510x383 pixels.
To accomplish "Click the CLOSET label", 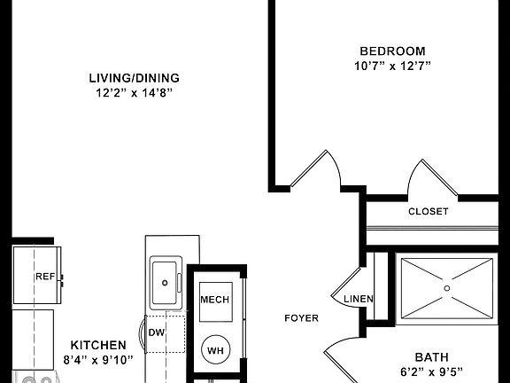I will (x=428, y=212).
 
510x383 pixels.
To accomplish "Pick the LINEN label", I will (x=359, y=299).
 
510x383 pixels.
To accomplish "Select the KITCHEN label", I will (x=98, y=344).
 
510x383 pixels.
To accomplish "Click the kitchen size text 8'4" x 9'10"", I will (x=98, y=359).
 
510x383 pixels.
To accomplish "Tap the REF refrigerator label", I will (x=44, y=277).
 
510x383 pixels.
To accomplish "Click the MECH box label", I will (x=214, y=300).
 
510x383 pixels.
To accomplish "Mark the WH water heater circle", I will (x=215, y=349).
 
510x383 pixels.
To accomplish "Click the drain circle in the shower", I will (x=447, y=288).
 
